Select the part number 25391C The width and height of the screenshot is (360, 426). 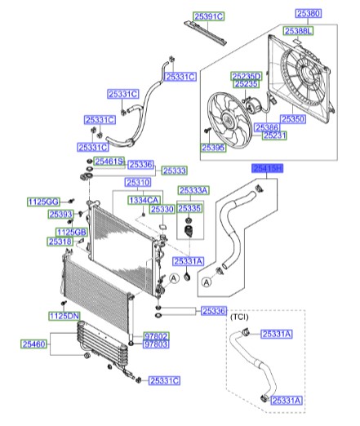[x=209, y=16]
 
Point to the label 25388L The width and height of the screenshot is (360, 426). [x=299, y=30]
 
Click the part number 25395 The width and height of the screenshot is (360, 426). [x=214, y=147]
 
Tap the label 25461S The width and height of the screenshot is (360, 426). [x=108, y=162]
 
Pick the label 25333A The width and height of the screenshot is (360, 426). [x=193, y=189]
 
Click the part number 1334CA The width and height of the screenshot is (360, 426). [x=144, y=200]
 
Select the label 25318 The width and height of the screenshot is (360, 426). [x=60, y=242]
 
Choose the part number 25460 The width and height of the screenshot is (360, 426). [x=36, y=345]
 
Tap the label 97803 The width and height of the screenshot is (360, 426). [x=155, y=345]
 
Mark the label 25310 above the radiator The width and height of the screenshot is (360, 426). [x=137, y=182]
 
